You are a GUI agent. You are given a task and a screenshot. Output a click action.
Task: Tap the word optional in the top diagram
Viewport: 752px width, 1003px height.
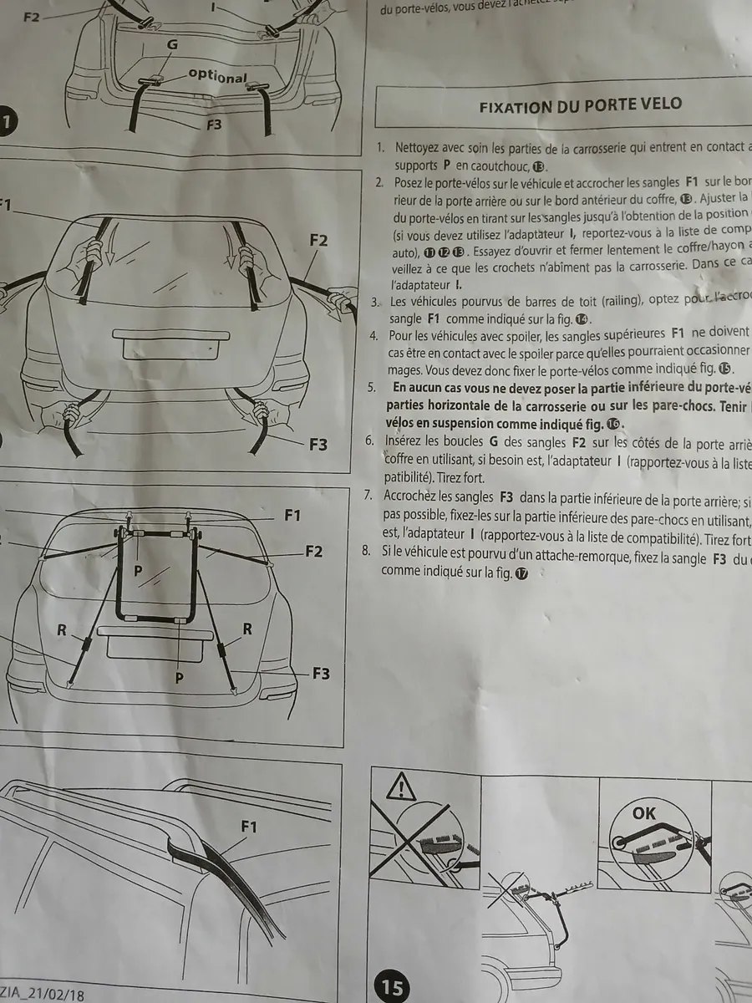[x=217, y=75]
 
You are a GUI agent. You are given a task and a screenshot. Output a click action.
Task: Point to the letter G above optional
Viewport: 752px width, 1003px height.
[x=172, y=43]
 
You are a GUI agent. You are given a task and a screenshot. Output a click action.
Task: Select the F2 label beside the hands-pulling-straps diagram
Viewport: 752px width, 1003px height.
[x=318, y=241]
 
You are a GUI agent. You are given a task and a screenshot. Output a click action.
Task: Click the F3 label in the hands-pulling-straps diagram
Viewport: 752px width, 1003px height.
[x=318, y=445]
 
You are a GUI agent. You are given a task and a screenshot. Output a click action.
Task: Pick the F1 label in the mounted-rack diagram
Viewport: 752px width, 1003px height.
[x=292, y=516]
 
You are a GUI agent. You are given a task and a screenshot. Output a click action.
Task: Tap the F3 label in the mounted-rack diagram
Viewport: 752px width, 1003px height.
[x=321, y=674]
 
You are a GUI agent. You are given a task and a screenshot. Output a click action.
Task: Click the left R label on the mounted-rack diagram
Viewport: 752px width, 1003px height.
[x=62, y=630]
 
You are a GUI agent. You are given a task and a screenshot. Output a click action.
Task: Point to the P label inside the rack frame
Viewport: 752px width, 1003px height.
[x=139, y=570]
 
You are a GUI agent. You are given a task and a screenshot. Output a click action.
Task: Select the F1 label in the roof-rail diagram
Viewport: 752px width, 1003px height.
[x=249, y=827]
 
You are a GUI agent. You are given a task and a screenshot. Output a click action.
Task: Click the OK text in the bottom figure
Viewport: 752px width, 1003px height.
[x=645, y=813]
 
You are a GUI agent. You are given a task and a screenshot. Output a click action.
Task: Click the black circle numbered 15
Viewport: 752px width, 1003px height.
[x=392, y=987]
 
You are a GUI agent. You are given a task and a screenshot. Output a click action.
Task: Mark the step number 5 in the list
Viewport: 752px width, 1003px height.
[x=371, y=386]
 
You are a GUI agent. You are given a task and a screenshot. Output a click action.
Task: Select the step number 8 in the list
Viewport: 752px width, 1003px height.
[x=364, y=551]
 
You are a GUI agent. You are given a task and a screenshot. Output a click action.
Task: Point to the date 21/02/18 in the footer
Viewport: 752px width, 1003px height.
[x=55, y=995]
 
